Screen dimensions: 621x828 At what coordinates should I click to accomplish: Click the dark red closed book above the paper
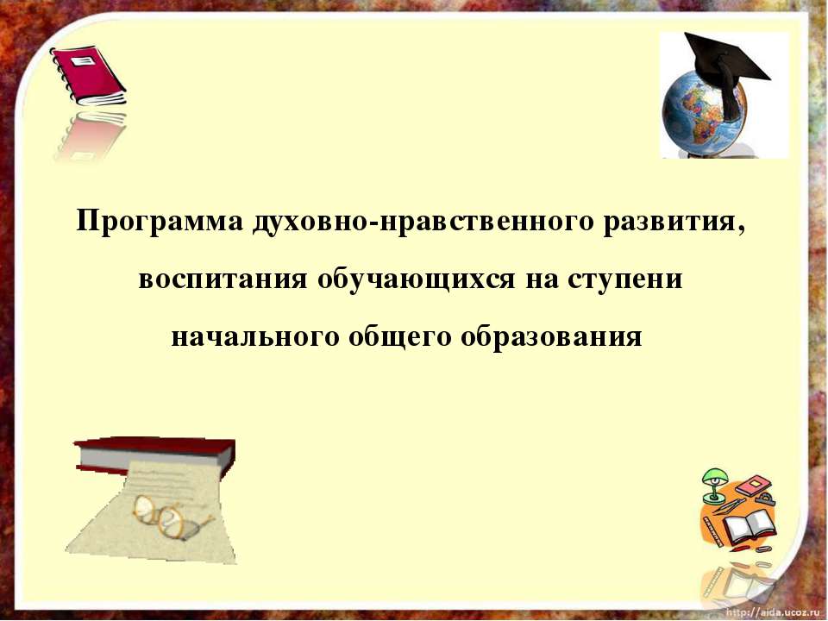click(x=155, y=453)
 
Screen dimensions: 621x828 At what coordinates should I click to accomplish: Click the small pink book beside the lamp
click(x=751, y=485)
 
